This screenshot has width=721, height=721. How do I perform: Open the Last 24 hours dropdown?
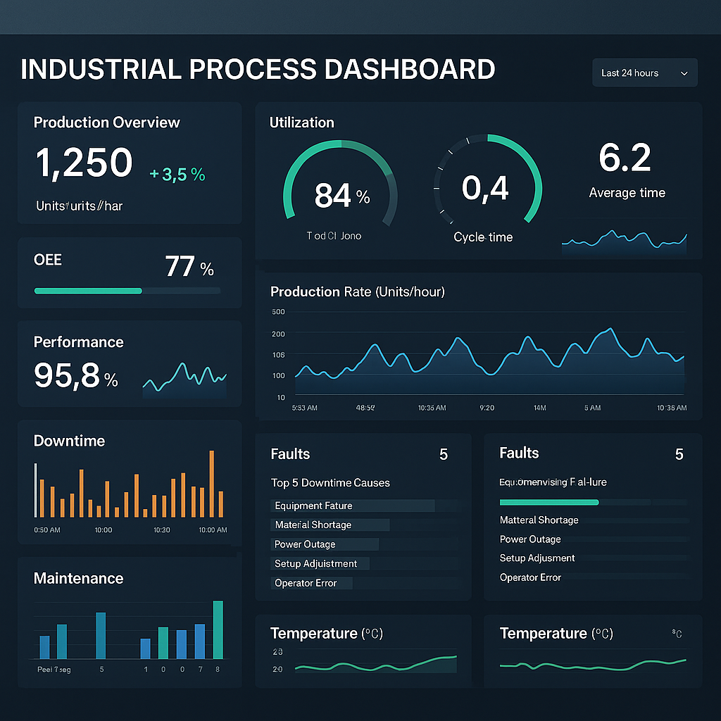point(644,73)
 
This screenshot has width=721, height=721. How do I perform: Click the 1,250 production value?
point(84,163)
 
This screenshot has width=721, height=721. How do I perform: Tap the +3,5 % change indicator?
point(177,175)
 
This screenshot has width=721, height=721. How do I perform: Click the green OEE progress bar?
point(88,290)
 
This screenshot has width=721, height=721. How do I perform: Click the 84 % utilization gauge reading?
point(341,196)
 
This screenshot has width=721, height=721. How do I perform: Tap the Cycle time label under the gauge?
point(483,237)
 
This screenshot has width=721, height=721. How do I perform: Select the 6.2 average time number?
point(625,158)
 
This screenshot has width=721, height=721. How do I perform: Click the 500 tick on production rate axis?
point(277,312)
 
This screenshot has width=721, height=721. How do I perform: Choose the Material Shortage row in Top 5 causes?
point(313,525)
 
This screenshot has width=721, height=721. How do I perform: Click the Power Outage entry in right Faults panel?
point(530,539)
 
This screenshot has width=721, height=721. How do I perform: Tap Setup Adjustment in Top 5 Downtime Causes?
point(315,563)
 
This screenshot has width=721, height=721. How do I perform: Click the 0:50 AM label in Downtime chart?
point(47,529)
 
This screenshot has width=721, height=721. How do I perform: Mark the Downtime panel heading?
point(69,441)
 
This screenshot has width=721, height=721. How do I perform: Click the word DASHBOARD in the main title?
point(409,70)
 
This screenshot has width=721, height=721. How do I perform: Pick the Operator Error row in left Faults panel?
point(306,583)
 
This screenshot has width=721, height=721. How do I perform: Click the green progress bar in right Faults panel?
point(548,502)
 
